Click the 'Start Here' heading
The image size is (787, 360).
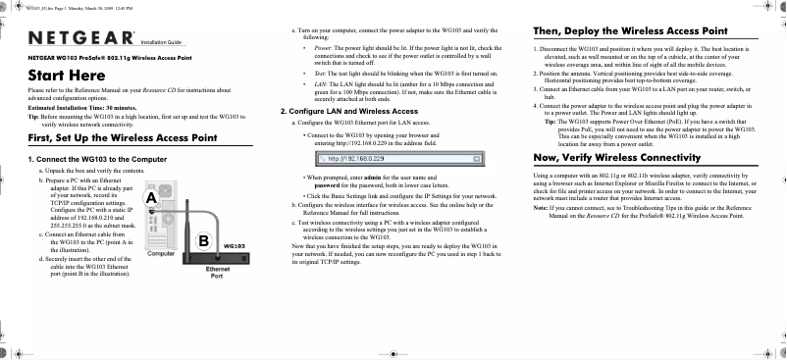point(67,76)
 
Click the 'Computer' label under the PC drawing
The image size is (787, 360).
point(160,253)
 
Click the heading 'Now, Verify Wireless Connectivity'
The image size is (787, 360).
point(614,156)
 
